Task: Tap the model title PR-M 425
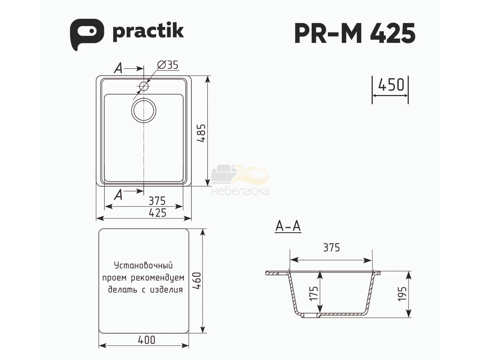[355, 33]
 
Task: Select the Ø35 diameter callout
[168, 65]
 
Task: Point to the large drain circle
[144, 110]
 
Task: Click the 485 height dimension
[201, 133]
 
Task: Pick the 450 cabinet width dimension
[391, 85]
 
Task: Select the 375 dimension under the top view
[157, 201]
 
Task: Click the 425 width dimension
[157, 213]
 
